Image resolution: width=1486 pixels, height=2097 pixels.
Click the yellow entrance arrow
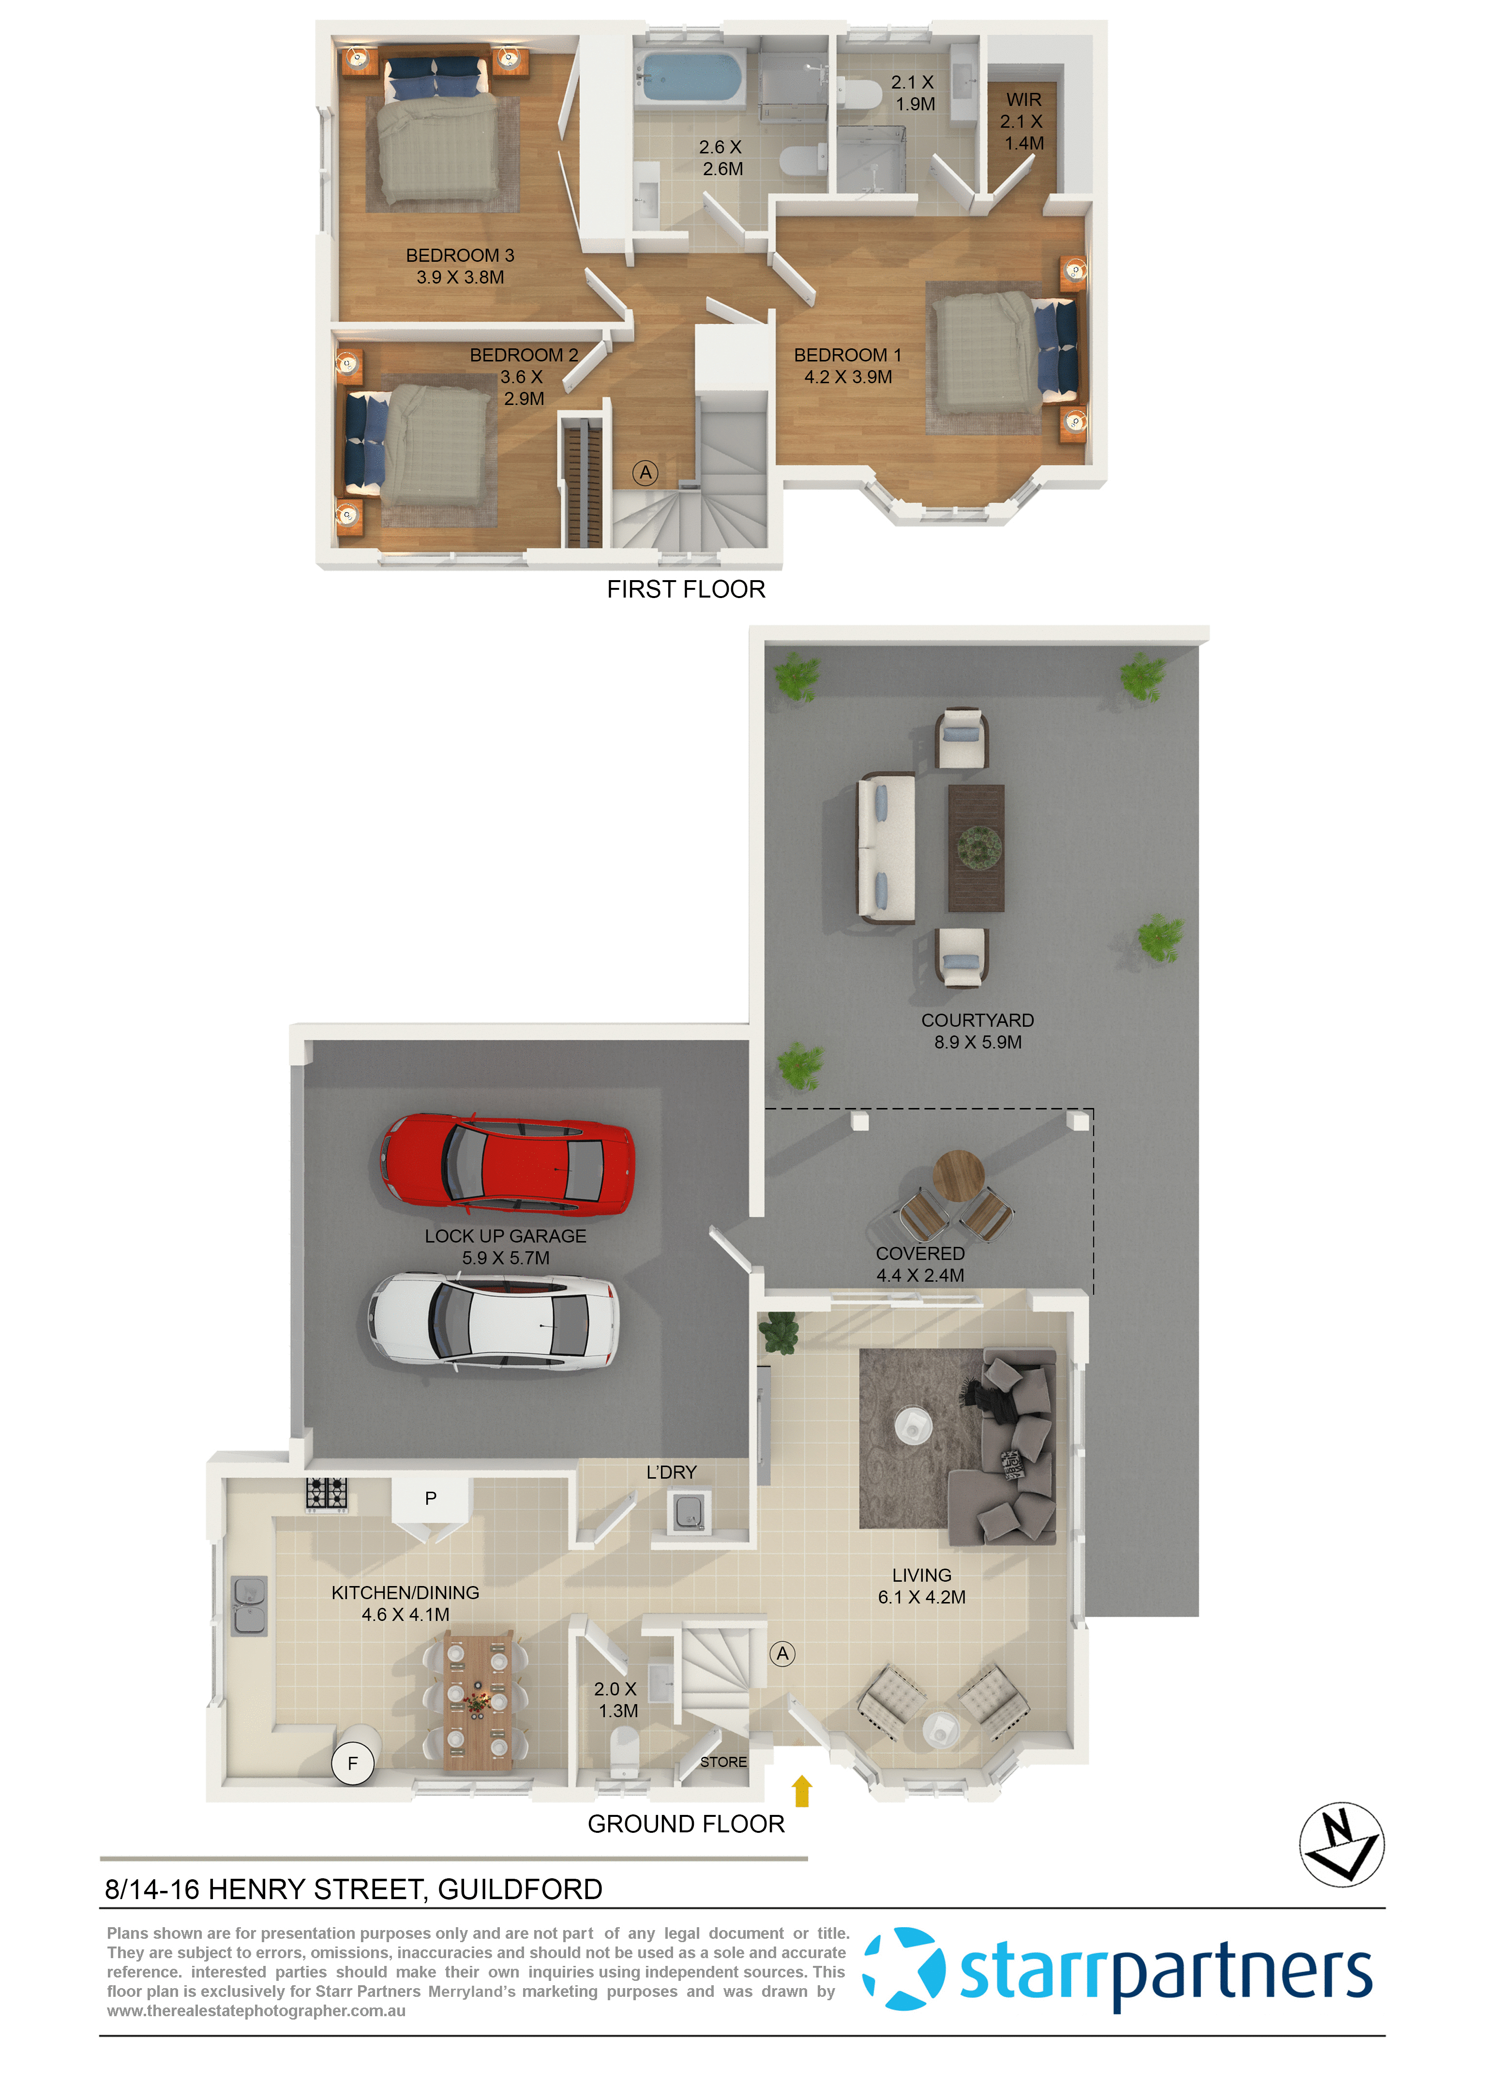(x=802, y=1791)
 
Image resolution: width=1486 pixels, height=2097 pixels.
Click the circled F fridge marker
(x=353, y=1763)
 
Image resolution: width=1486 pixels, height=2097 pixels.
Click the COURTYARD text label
(x=977, y=1020)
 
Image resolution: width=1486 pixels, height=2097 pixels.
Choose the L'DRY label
(x=672, y=1472)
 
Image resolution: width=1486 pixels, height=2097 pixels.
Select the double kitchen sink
(x=249, y=1606)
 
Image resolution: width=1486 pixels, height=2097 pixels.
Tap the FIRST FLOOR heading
(x=685, y=589)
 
